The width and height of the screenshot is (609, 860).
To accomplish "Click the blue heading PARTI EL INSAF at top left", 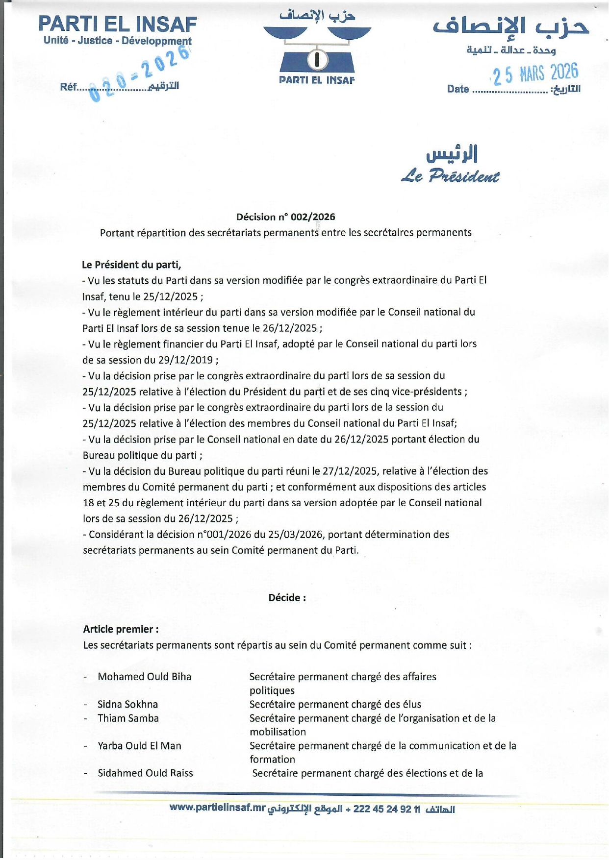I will coord(117,24).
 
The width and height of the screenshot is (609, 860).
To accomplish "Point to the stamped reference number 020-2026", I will coord(140,74).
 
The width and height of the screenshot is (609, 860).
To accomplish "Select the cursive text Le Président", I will coord(450,176).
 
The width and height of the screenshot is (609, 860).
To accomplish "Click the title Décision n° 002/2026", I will coord(285,217).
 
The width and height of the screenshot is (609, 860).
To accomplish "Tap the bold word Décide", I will coord(287,597).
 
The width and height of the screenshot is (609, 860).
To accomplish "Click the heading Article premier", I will coord(121,629).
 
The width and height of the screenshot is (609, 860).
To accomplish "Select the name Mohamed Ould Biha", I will coord(144,677).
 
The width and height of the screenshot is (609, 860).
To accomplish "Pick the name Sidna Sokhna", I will coord(127,704).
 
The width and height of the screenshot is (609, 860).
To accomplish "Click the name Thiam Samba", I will coord(128,718).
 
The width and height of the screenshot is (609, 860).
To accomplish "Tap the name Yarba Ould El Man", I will coord(139,746).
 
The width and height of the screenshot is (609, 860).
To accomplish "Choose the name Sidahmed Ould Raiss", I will coord(145,773).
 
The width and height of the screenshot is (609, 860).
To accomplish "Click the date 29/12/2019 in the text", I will coord(185,360).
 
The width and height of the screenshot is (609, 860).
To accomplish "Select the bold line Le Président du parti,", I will coord(131,265).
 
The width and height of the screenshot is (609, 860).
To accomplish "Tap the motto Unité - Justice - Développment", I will coord(117,41).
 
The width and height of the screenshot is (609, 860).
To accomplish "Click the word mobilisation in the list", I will coord(278,732).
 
